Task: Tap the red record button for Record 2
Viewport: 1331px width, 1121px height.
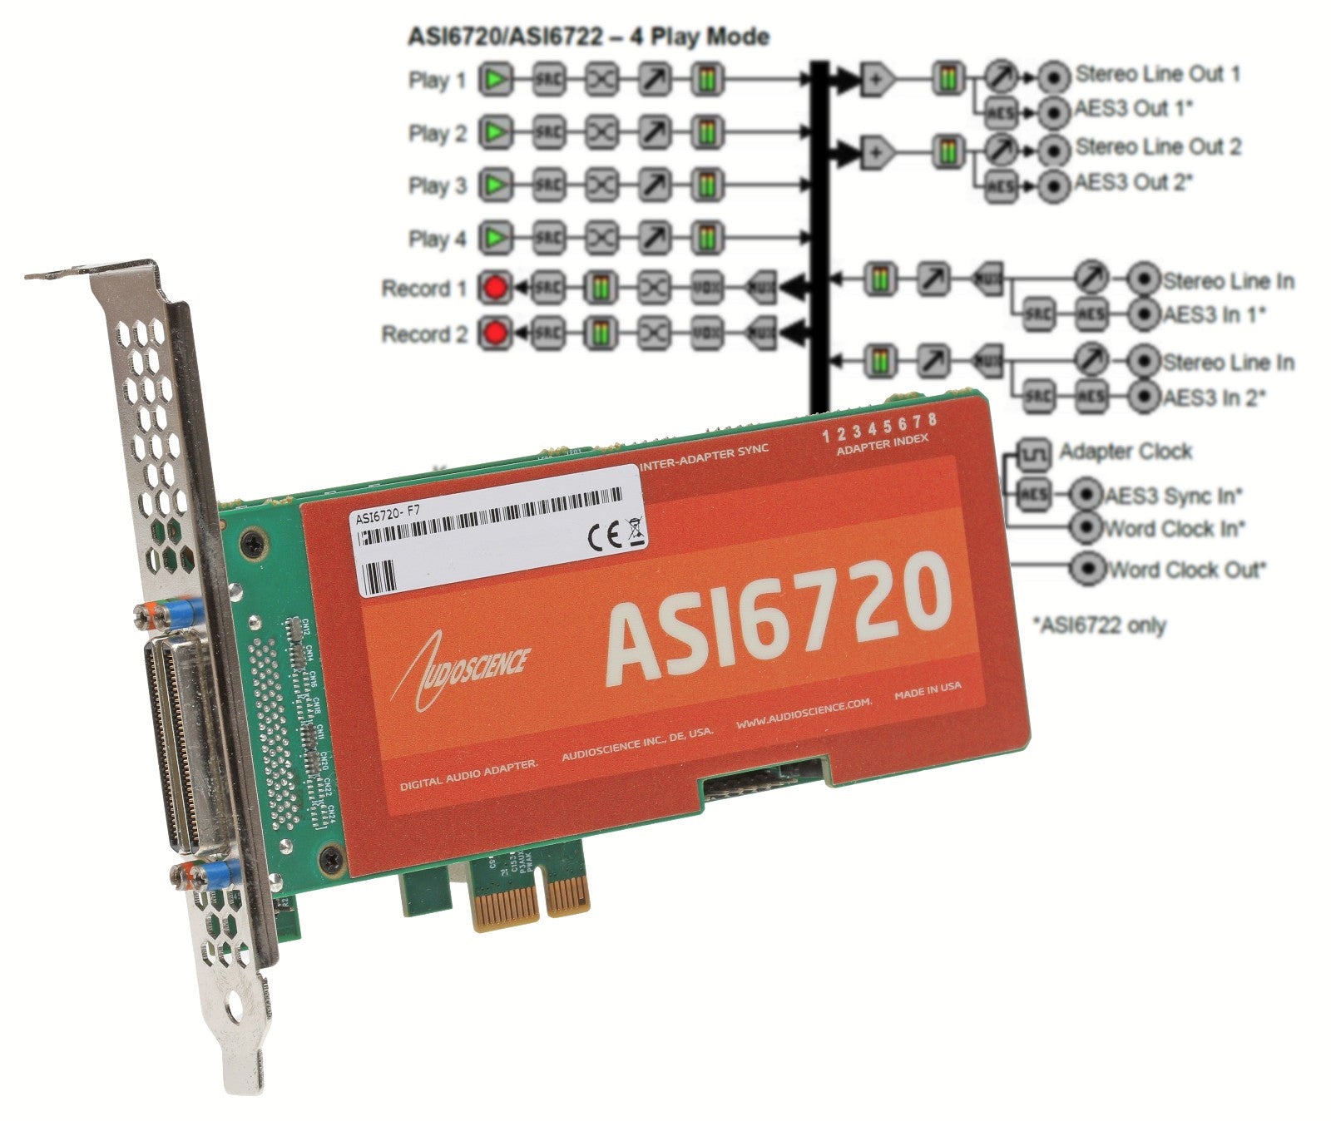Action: click(x=496, y=333)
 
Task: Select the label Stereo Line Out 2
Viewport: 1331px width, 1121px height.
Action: click(x=1157, y=147)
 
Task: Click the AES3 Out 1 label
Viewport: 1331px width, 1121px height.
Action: click(x=1134, y=109)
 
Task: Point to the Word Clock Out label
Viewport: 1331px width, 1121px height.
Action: click(x=1186, y=570)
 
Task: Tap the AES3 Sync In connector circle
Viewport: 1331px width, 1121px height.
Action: click(x=1086, y=495)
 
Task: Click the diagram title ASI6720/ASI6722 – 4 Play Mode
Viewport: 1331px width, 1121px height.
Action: click(x=587, y=37)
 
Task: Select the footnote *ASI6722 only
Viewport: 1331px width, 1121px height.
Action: click(x=1099, y=625)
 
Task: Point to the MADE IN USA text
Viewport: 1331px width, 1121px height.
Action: click(x=927, y=689)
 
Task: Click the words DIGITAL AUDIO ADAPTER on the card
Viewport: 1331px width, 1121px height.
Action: click(x=469, y=776)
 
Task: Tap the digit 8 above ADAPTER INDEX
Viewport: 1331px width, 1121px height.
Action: click(x=932, y=419)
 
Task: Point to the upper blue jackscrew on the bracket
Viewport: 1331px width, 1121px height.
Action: click(x=177, y=614)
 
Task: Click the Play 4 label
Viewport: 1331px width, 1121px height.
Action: click(x=438, y=240)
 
